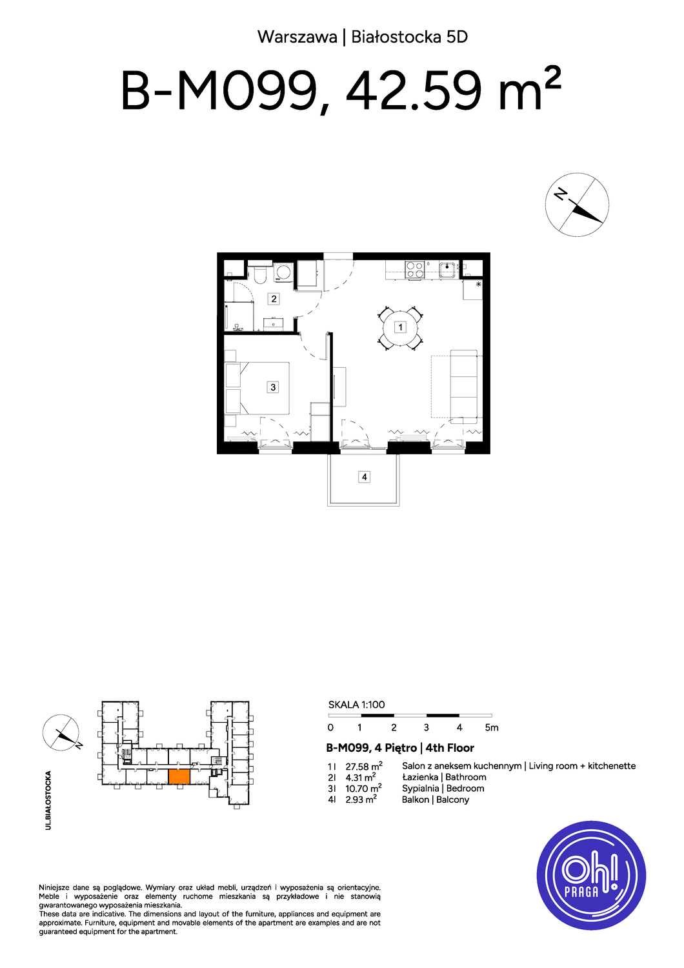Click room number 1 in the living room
(x=400, y=327)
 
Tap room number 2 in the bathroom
(x=274, y=298)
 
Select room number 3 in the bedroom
(x=273, y=387)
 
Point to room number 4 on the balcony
(x=364, y=477)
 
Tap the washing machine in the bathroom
(x=283, y=273)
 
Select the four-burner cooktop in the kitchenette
(x=415, y=270)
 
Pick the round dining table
(x=400, y=327)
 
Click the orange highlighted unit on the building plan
(x=179, y=776)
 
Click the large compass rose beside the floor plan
(x=577, y=205)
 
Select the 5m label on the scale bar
(x=492, y=728)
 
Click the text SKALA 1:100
(x=356, y=705)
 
